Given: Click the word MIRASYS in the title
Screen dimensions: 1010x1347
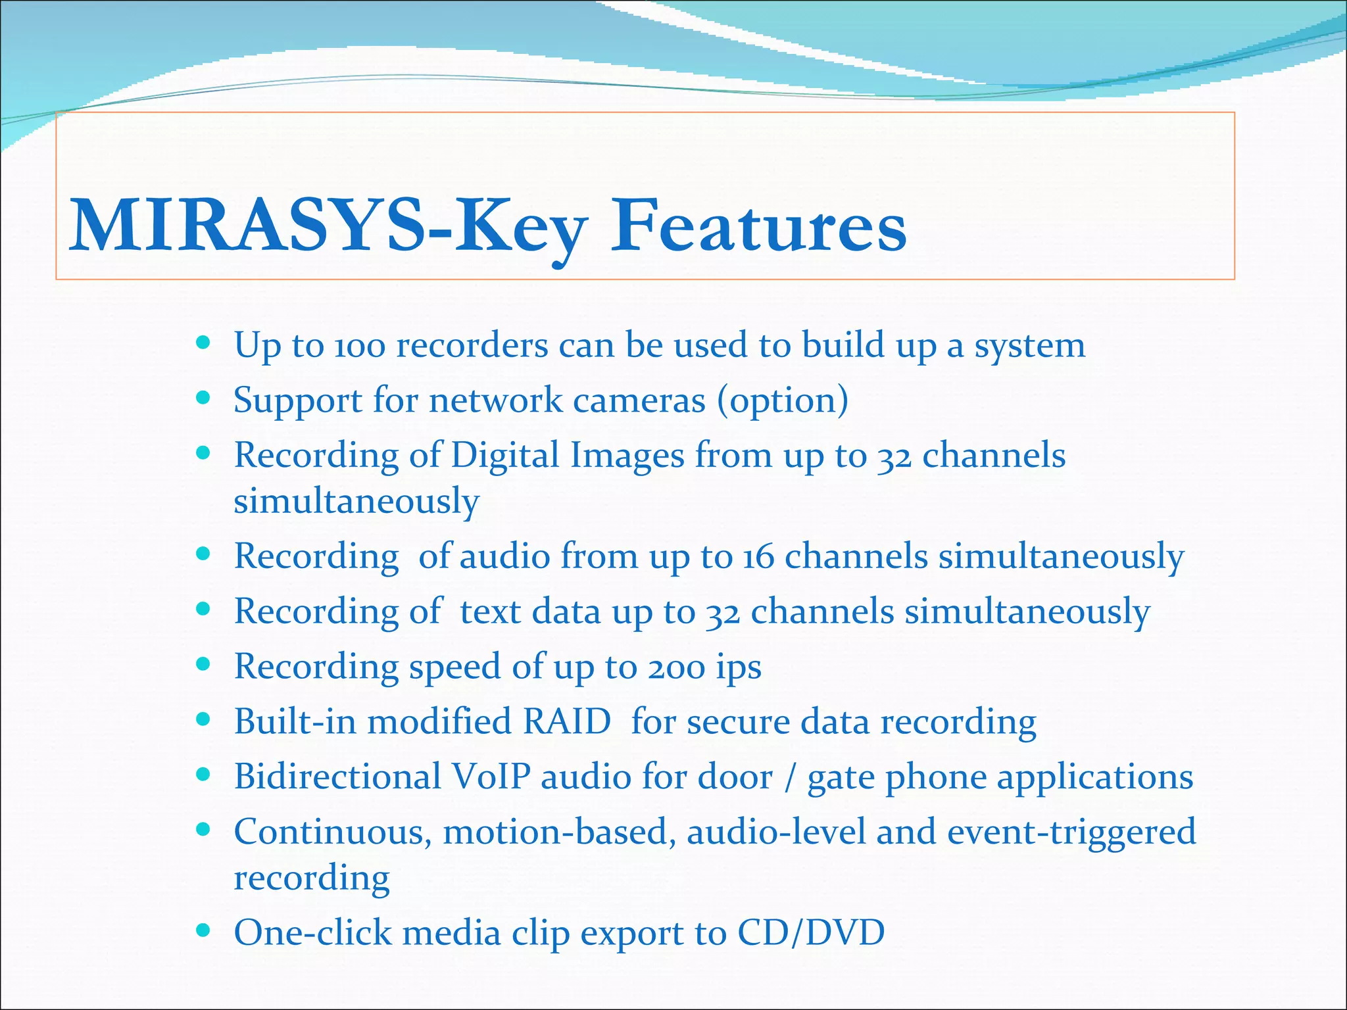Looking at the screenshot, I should point(247,226).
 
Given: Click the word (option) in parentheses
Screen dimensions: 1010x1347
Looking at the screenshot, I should point(783,400).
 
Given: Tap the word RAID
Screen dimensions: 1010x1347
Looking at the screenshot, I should point(567,722).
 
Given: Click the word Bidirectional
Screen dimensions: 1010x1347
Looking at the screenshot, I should point(337,777).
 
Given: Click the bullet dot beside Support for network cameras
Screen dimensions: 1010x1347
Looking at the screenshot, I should point(203,398).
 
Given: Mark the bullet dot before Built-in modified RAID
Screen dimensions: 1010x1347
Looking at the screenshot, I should point(203,719).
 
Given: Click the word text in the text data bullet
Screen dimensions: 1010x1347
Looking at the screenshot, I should point(490,612).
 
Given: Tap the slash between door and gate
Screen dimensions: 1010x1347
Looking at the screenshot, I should point(789,778).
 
